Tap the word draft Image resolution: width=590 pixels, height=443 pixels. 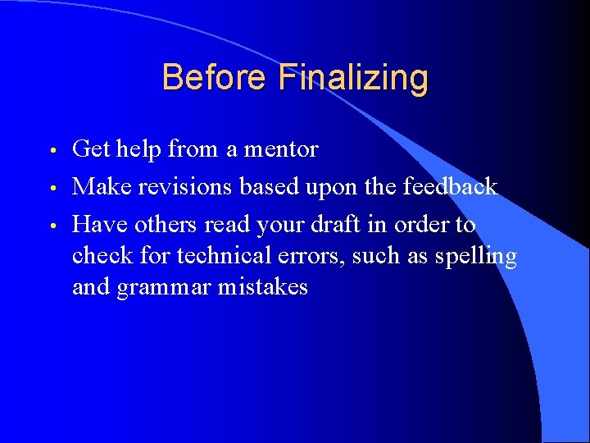point(352,224)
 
